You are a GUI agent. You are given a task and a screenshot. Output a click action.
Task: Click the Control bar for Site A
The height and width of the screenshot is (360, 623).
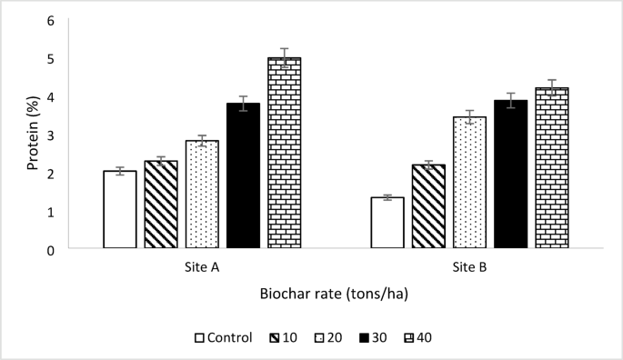[120, 209]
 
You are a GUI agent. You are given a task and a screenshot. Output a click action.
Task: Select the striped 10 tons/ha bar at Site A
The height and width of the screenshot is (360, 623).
[161, 205]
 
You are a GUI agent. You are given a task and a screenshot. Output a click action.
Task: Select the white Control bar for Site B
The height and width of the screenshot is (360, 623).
[387, 223]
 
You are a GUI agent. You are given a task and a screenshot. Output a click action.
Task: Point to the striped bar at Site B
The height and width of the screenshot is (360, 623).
[428, 206]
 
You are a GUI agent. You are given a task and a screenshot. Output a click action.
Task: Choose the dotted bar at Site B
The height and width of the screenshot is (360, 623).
[469, 182]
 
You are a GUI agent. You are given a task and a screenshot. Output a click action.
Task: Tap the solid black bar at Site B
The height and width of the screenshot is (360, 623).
[510, 174]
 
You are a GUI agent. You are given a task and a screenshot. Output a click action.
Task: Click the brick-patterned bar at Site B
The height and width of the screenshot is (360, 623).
[551, 167]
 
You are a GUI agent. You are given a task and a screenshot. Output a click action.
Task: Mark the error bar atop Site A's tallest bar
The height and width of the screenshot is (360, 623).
[284, 57]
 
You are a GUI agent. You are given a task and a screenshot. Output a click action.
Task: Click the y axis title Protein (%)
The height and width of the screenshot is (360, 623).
[32, 134]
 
